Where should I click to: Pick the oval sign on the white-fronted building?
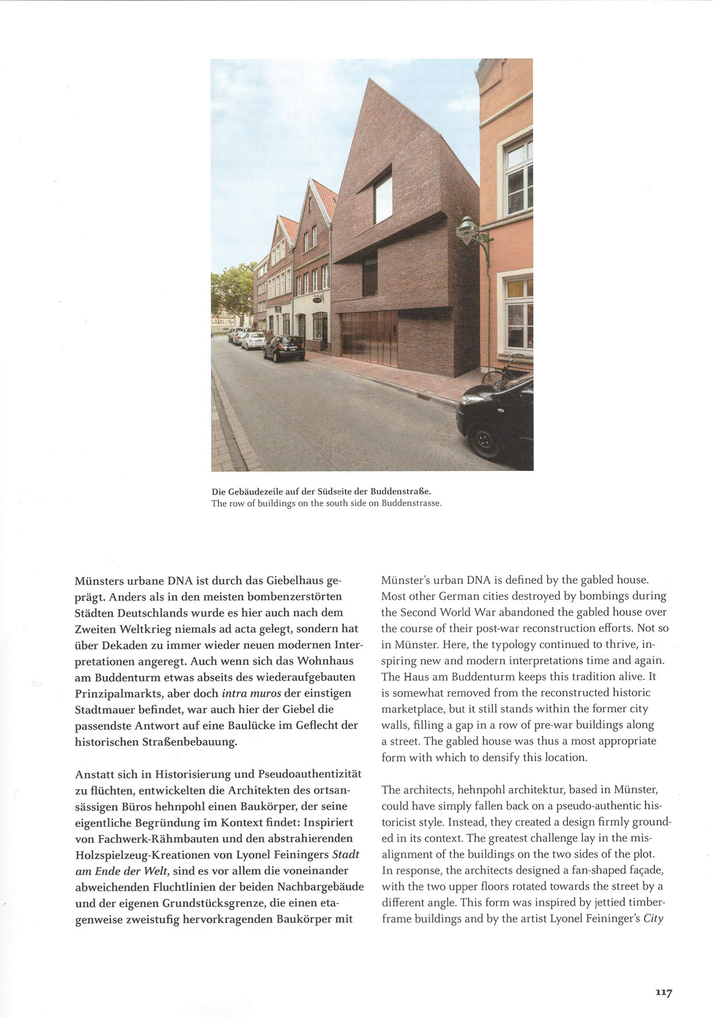(x=317, y=299)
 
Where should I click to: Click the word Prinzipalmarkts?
(x=119, y=693)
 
